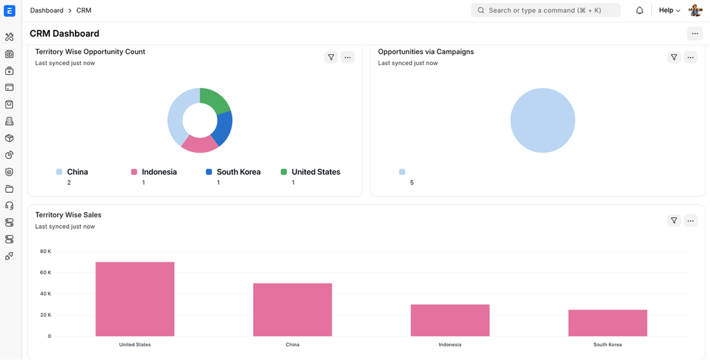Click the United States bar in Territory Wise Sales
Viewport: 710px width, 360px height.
click(135, 299)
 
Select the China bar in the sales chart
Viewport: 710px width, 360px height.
click(292, 309)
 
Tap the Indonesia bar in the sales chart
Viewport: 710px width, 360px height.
click(450, 320)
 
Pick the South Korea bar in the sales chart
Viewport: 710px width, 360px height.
click(607, 323)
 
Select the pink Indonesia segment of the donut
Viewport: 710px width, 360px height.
click(200, 144)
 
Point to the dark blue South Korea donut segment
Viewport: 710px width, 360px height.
click(223, 129)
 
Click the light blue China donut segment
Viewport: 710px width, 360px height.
click(176, 118)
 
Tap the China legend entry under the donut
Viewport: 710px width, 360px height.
click(77, 172)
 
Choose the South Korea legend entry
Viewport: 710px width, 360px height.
click(238, 172)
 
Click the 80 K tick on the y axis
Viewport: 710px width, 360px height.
click(45, 251)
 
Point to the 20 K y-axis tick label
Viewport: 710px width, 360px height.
click(45, 315)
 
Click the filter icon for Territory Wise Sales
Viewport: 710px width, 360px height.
click(673, 221)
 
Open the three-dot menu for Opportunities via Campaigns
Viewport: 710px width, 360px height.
click(691, 58)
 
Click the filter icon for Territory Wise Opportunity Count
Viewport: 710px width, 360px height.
click(331, 58)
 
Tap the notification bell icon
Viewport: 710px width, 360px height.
click(639, 10)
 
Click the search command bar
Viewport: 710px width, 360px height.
click(545, 10)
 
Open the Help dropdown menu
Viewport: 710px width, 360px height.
click(669, 10)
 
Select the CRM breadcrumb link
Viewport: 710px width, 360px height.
click(84, 10)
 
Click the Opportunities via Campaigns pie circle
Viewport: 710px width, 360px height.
click(542, 121)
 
